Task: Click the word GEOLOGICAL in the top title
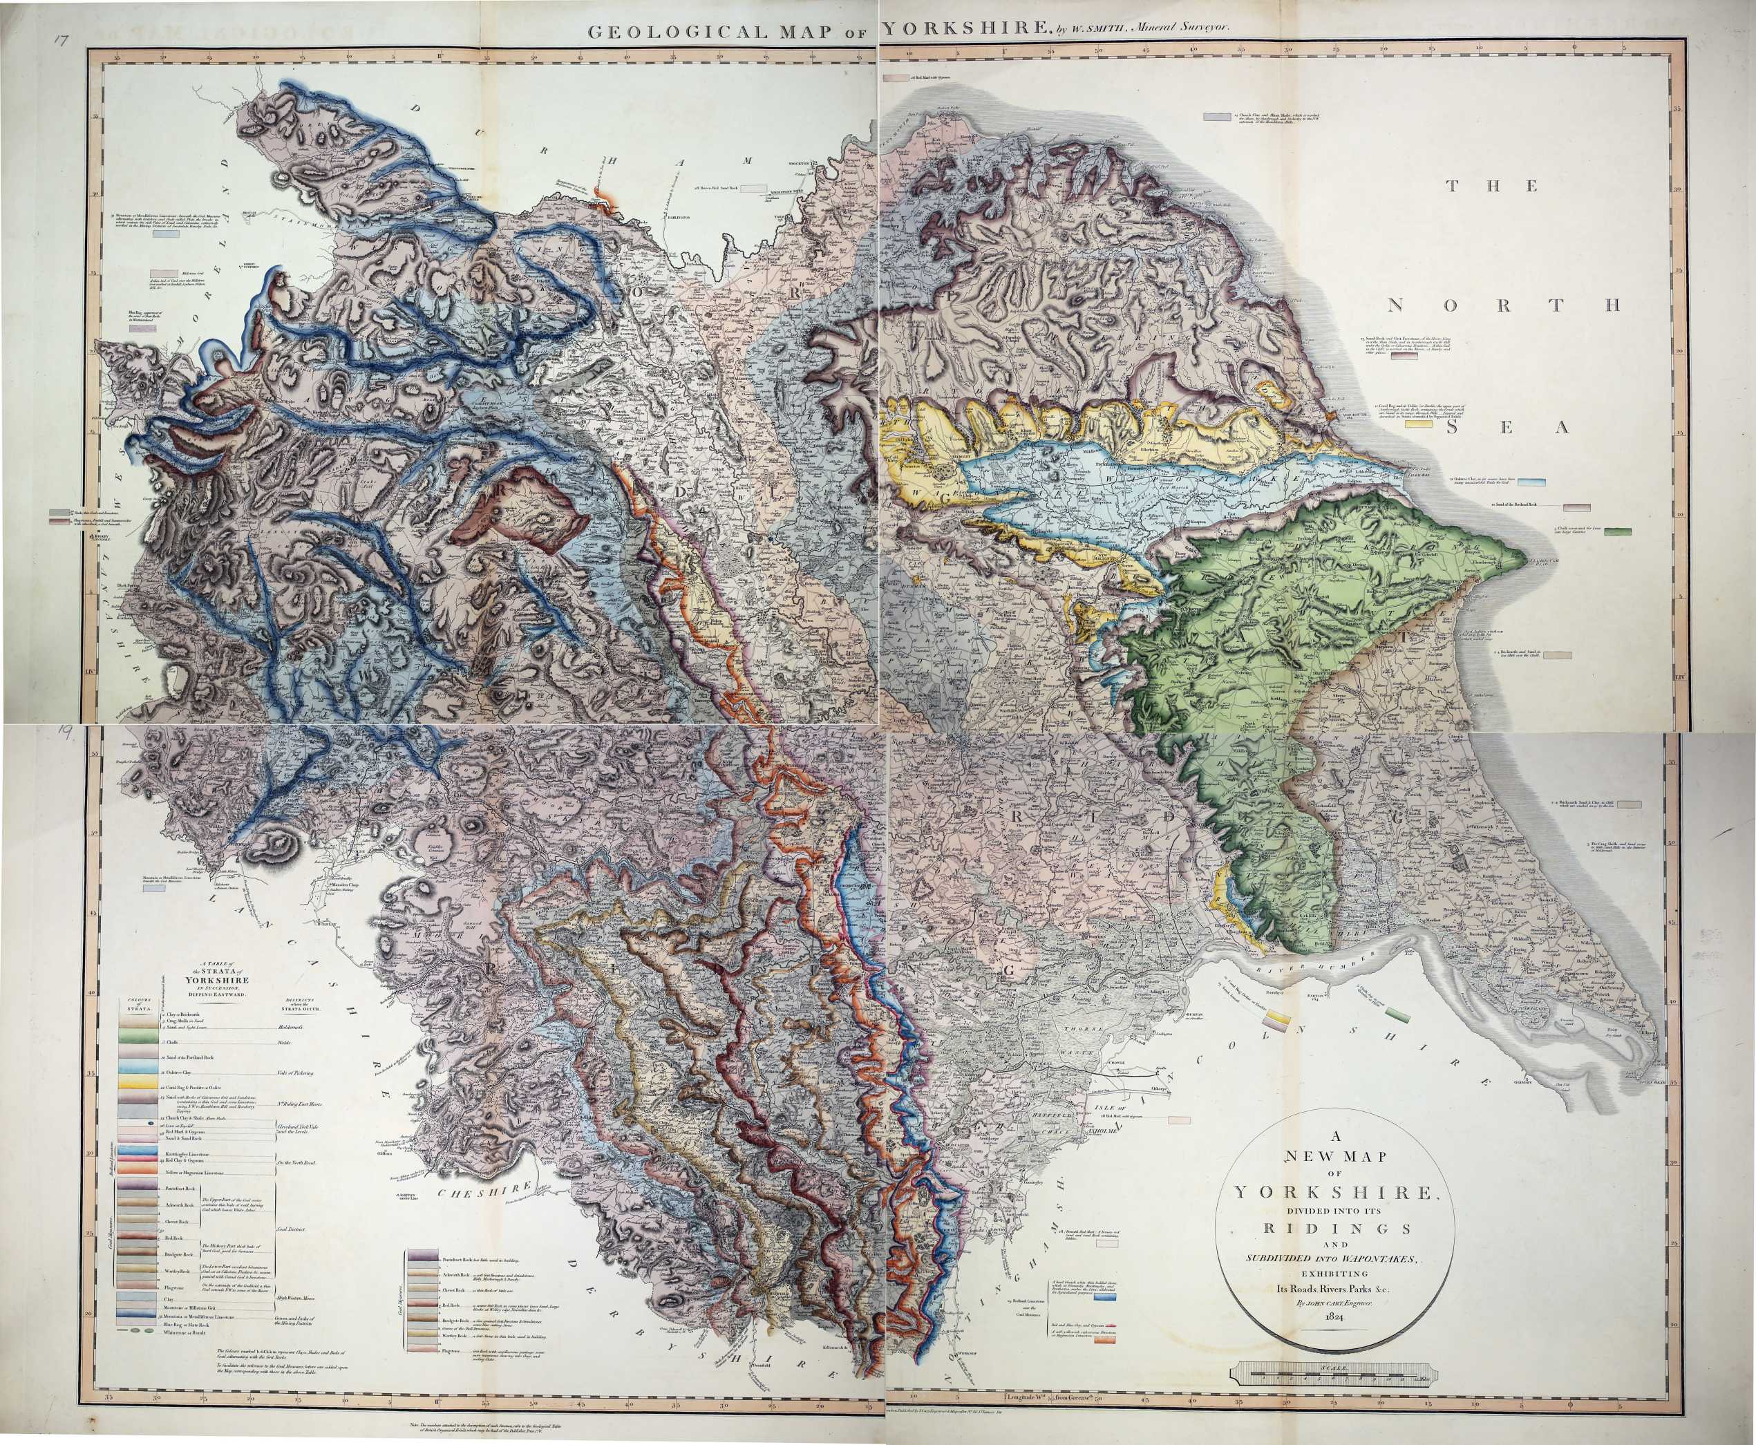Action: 653,32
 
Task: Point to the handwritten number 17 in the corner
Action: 57,41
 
